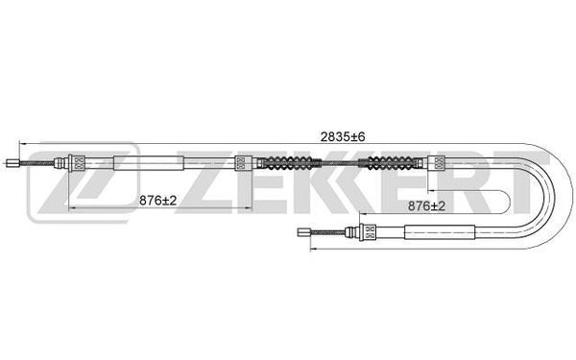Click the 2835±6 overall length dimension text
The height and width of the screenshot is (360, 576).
pyautogui.click(x=341, y=138)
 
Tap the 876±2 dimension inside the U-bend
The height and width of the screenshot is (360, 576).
pyautogui.click(x=425, y=204)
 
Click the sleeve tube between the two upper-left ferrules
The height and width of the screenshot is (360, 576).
pyautogui.click(x=145, y=163)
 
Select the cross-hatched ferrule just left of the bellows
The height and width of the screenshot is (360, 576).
pyautogui.click(x=244, y=163)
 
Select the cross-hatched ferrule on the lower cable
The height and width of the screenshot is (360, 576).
pyautogui.click(x=368, y=230)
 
